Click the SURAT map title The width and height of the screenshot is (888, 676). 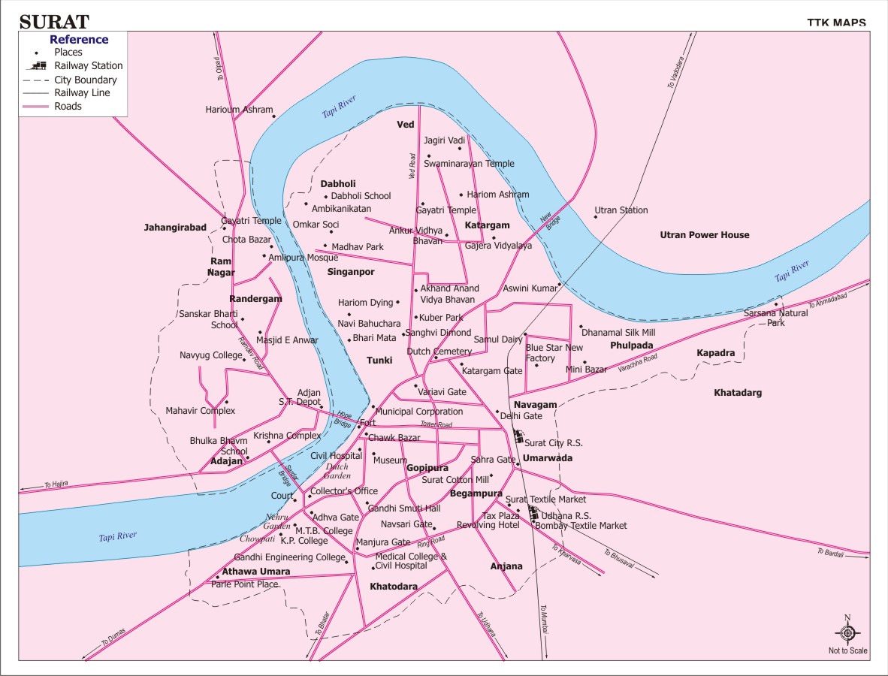tap(54, 21)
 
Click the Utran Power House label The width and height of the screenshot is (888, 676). tap(704, 235)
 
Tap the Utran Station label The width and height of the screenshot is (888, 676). tap(621, 210)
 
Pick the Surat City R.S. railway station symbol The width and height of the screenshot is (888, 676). tap(518, 436)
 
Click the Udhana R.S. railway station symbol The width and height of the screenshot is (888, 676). tap(533, 514)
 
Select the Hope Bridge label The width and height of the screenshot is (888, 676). tap(344, 419)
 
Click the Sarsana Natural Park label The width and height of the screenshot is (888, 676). tap(776, 318)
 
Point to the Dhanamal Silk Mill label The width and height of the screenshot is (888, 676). tap(618, 332)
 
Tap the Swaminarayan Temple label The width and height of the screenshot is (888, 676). tap(469, 164)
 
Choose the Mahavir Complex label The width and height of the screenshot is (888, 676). tap(201, 411)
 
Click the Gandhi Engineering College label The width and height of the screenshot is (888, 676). tap(289, 557)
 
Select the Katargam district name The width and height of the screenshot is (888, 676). tap(487, 225)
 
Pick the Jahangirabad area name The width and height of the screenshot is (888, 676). tap(175, 227)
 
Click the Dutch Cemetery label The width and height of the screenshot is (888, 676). tap(439, 352)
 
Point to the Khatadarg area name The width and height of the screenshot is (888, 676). tap(738, 393)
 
